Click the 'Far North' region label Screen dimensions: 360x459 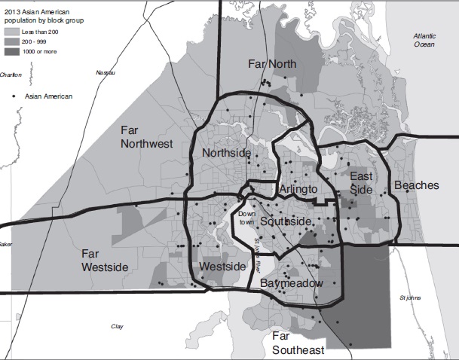point(272,64)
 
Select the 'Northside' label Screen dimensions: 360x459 point(226,154)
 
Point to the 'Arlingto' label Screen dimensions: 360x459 point(298,188)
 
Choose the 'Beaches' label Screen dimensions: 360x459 point(416,185)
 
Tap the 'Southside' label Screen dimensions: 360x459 point(285,221)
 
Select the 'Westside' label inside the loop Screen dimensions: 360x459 point(223,267)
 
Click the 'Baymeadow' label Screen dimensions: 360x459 point(291,283)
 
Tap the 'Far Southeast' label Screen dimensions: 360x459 point(298,343)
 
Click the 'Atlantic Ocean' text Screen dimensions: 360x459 point(429,41)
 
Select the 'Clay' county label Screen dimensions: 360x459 point(117,326)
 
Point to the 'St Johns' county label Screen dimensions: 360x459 point(409,297)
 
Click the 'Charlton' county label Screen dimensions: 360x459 point(11,75)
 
